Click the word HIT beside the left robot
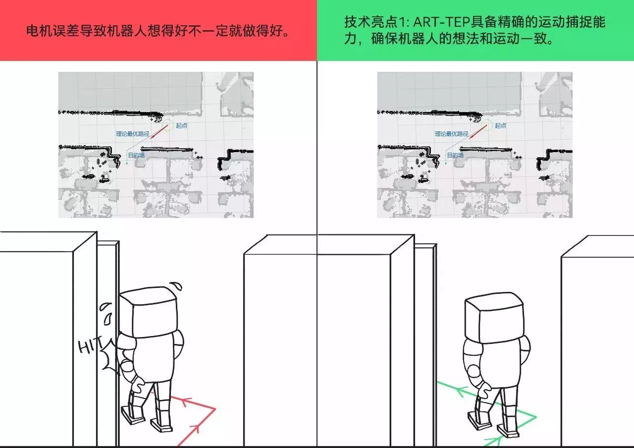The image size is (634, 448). click(90, 345)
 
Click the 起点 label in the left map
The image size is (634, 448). click(181, 125)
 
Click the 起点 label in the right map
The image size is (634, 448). click(500, 125)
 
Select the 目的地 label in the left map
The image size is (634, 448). click(136, 155)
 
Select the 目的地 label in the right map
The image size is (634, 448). click(455, 155)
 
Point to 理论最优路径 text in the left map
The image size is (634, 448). click(132, 134)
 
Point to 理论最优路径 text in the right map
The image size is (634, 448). click(451, 134)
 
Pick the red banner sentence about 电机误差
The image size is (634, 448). click(158, 31)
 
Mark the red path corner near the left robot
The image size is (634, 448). click(215, 409)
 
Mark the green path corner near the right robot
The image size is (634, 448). click(536, 416)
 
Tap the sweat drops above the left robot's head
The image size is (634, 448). click(175, 286)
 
